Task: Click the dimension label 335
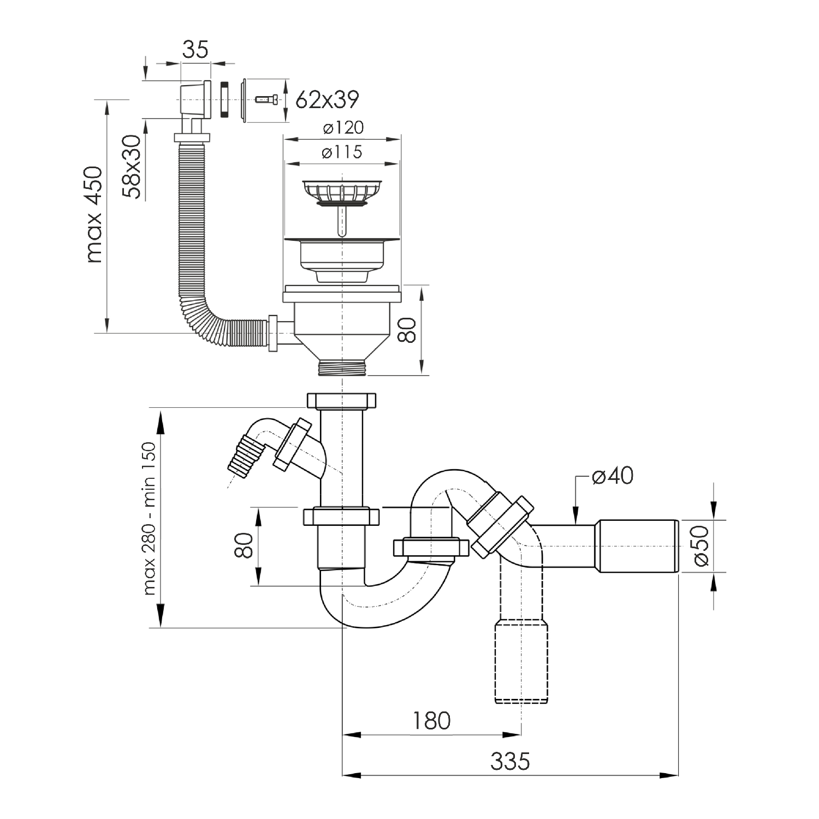pos(510,761)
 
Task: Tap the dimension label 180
pos(431,721)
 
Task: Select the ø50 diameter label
pos(702,546)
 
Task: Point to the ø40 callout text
pos(613,476)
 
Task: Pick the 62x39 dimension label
pos(327,99)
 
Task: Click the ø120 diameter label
pos(342,128)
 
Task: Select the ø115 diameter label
pos(342,152)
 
